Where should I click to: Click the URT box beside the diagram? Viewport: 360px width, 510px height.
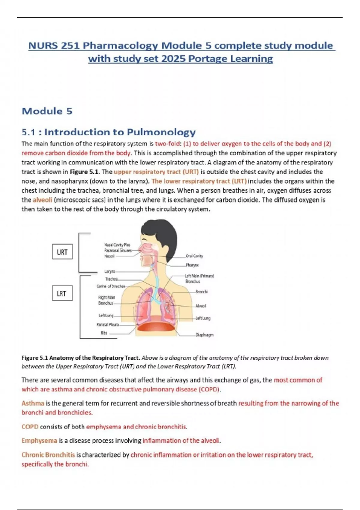point(62,252)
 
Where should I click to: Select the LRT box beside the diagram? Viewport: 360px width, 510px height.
point(62,293)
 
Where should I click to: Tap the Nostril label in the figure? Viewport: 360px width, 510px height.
point(109,256)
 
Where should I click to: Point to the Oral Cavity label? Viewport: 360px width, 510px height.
point(194,256)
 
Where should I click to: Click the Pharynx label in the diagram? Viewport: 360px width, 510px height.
point(192,265)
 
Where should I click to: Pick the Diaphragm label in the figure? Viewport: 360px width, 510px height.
point(204,335)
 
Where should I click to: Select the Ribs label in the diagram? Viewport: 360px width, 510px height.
point(104,333)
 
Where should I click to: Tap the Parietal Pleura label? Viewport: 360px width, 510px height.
point(107,324)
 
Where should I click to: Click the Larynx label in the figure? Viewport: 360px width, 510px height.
point(109,271)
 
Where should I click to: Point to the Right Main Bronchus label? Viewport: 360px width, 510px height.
point(106,300)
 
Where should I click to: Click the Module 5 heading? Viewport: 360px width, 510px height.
point(47,111)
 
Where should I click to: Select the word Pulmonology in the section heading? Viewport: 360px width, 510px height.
point(161,132)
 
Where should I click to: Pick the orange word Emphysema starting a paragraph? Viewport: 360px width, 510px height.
point(39,440)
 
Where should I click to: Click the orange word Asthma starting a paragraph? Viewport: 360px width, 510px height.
point(33,403)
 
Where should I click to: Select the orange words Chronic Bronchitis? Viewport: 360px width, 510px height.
point(48,454)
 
